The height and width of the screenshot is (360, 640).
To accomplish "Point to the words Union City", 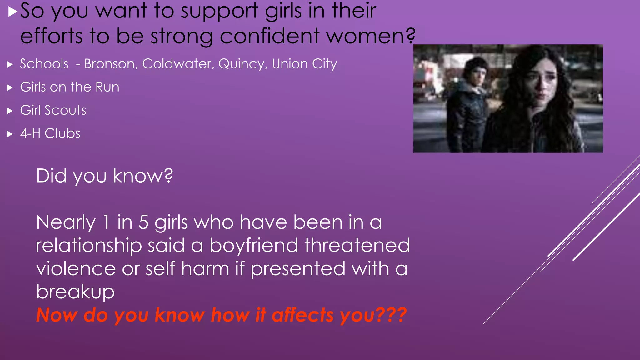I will tap(304, 64).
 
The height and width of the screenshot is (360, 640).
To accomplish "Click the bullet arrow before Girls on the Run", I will tap(10, 87).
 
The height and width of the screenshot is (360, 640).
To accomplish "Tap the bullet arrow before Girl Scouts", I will tap(10, 111).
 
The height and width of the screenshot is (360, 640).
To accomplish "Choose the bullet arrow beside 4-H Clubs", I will tap(10, 134).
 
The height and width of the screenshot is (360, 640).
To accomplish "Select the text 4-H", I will tap(30, 133).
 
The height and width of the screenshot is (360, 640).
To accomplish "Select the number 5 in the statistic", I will tap(143, 222).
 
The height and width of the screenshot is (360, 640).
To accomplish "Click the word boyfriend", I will tap(254, 245).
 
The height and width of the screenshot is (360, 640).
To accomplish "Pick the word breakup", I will tap(75, 292).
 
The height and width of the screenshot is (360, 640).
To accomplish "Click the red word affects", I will tap(303, 315).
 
